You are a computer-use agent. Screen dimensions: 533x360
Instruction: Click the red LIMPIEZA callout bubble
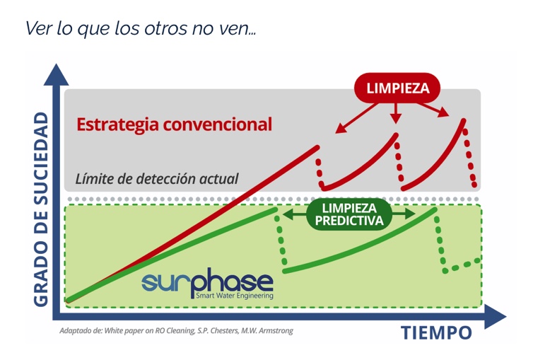coord(397,88)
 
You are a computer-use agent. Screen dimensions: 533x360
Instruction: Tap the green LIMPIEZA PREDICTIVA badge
coord(349,214)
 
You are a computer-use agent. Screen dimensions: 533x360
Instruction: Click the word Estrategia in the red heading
coord(117,124)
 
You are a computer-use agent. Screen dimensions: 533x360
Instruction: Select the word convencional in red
coord(218,124)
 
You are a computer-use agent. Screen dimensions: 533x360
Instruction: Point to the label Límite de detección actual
coord(157,179)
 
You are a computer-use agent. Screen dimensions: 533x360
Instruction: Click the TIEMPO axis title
coord(436,332)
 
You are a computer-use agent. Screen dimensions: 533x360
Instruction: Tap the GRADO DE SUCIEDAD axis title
coord(42,209)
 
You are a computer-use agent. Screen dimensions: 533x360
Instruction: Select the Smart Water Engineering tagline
coord(235,296)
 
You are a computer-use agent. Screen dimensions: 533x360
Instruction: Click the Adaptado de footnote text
coord(176,330)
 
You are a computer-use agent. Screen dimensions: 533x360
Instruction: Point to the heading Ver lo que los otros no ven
coord(141,28)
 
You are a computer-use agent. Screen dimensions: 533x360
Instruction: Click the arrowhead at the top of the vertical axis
coord(56,74)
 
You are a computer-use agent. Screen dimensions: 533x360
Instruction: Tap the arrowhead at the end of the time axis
coord(496,316)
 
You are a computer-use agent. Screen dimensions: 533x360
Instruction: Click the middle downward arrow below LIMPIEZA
coord(395,113)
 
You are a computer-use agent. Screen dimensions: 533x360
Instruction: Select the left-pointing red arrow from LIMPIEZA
coord(356,118)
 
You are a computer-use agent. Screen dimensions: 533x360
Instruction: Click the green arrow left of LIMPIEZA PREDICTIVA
coord(294,214)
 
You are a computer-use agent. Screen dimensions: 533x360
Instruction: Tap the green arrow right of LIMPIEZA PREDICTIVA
coord(404,214)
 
